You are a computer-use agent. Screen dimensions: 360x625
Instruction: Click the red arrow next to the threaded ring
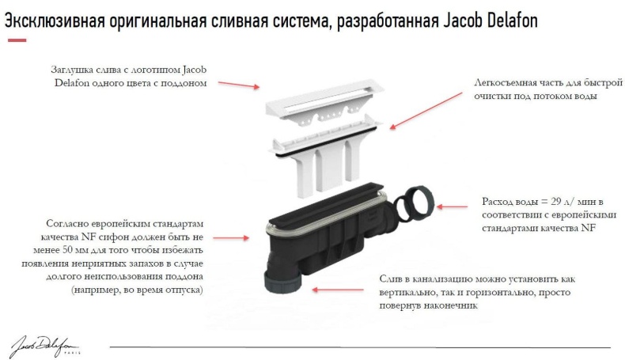(x=454, y=207)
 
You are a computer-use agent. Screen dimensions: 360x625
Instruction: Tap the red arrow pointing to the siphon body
(x=234, y=237)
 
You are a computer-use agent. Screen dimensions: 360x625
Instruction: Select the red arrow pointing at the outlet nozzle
(x=333, y=290)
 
